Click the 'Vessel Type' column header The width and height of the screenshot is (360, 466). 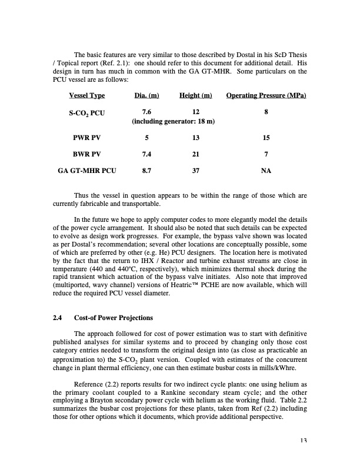tap(86, 96)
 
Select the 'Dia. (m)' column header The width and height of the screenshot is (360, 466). tap(146, 96)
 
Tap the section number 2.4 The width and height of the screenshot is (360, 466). tap(58, 318)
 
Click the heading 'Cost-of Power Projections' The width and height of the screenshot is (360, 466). tap(114, 318)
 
